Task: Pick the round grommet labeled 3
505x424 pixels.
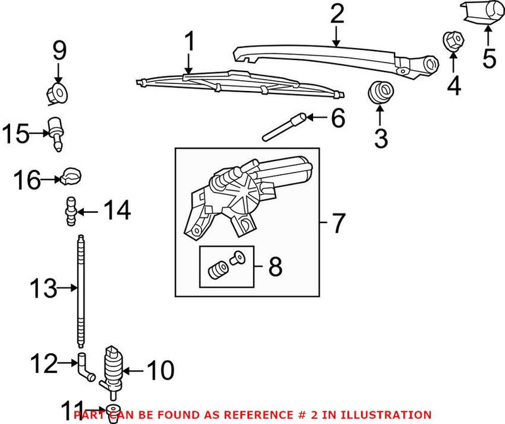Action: tap(380, 92)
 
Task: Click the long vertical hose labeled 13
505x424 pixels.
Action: tap(80, 291)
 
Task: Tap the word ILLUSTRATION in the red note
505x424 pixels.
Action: tap(389, 415)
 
